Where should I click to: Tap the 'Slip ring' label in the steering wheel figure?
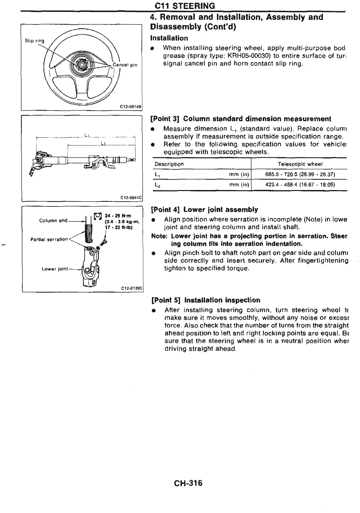(x=35, y=41)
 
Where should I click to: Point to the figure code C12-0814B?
(x=131, y=107)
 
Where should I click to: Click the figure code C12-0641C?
(x=131, y=198)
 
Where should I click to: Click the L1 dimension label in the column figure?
(x=86, y=135)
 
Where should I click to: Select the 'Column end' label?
(x=53, y=221)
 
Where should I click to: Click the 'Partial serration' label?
(x=49, y=239)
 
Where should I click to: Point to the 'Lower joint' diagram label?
(x=55, y=269)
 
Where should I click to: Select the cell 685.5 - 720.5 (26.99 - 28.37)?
(x=300, y=174)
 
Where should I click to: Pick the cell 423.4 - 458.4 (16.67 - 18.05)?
(x=300, y=185)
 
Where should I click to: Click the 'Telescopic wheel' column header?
(x=300, y=164)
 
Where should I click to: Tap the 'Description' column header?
(x=169, y=164)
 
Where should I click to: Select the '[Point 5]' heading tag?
(x=166, y=300)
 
